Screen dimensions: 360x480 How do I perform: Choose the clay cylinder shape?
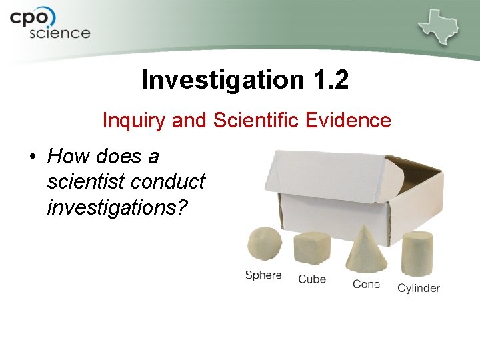click(417, 253)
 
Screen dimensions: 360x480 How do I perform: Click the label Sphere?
click(263, 275)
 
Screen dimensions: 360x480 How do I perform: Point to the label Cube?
click(312, 279)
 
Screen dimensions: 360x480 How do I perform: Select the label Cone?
click(366, 285)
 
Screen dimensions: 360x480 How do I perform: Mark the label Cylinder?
click(419, 288)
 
